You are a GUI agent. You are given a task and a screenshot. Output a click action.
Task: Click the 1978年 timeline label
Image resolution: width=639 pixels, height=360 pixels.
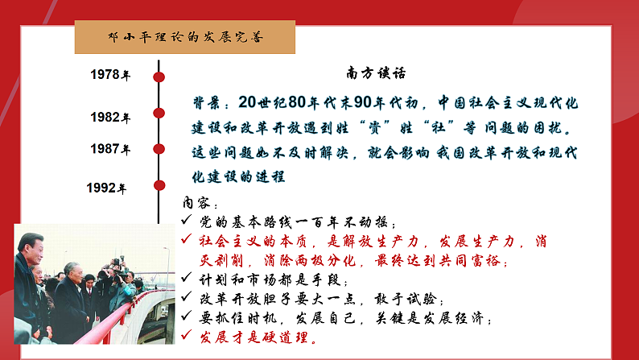click(x=109, y=76)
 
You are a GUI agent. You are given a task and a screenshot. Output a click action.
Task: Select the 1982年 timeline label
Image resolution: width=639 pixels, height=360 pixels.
click(x=109, y=118)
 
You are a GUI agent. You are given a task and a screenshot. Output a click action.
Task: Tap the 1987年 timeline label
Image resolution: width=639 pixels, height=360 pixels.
click(x=109, y=150)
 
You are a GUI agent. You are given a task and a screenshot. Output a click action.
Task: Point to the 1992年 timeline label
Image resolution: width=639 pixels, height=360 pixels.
click(x=106, y=189)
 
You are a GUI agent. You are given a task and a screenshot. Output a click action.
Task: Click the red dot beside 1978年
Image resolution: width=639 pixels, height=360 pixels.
click(x=159, y=77)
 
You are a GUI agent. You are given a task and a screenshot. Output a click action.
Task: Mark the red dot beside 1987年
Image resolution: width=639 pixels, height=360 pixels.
click(x=159, y=149)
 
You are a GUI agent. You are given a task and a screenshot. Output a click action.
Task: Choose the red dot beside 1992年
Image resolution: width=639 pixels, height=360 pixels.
click(x=159, y=187)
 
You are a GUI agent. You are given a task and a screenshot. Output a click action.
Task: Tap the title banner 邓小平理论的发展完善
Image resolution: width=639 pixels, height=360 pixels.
click(x=184, y=37)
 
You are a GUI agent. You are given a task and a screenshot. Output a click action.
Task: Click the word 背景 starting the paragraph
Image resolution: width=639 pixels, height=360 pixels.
click(x=208, y=104)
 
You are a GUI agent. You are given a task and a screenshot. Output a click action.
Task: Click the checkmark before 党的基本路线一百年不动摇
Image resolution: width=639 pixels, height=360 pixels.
click(x=187, y=221)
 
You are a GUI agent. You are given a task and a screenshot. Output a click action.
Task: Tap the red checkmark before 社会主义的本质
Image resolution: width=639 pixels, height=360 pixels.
click(x=187, y=241)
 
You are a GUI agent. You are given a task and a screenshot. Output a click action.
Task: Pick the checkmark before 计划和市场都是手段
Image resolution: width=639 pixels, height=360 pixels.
click(x=187, y=279)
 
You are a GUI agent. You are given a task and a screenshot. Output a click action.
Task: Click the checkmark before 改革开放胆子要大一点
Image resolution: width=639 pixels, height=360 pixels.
click(x=187, y=299)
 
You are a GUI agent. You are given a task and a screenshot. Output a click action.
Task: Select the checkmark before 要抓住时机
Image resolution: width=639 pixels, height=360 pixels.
click(x=187, y=318)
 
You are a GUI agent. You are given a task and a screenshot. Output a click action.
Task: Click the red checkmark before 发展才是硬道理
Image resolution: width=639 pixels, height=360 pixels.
click(x=187, y=337)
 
